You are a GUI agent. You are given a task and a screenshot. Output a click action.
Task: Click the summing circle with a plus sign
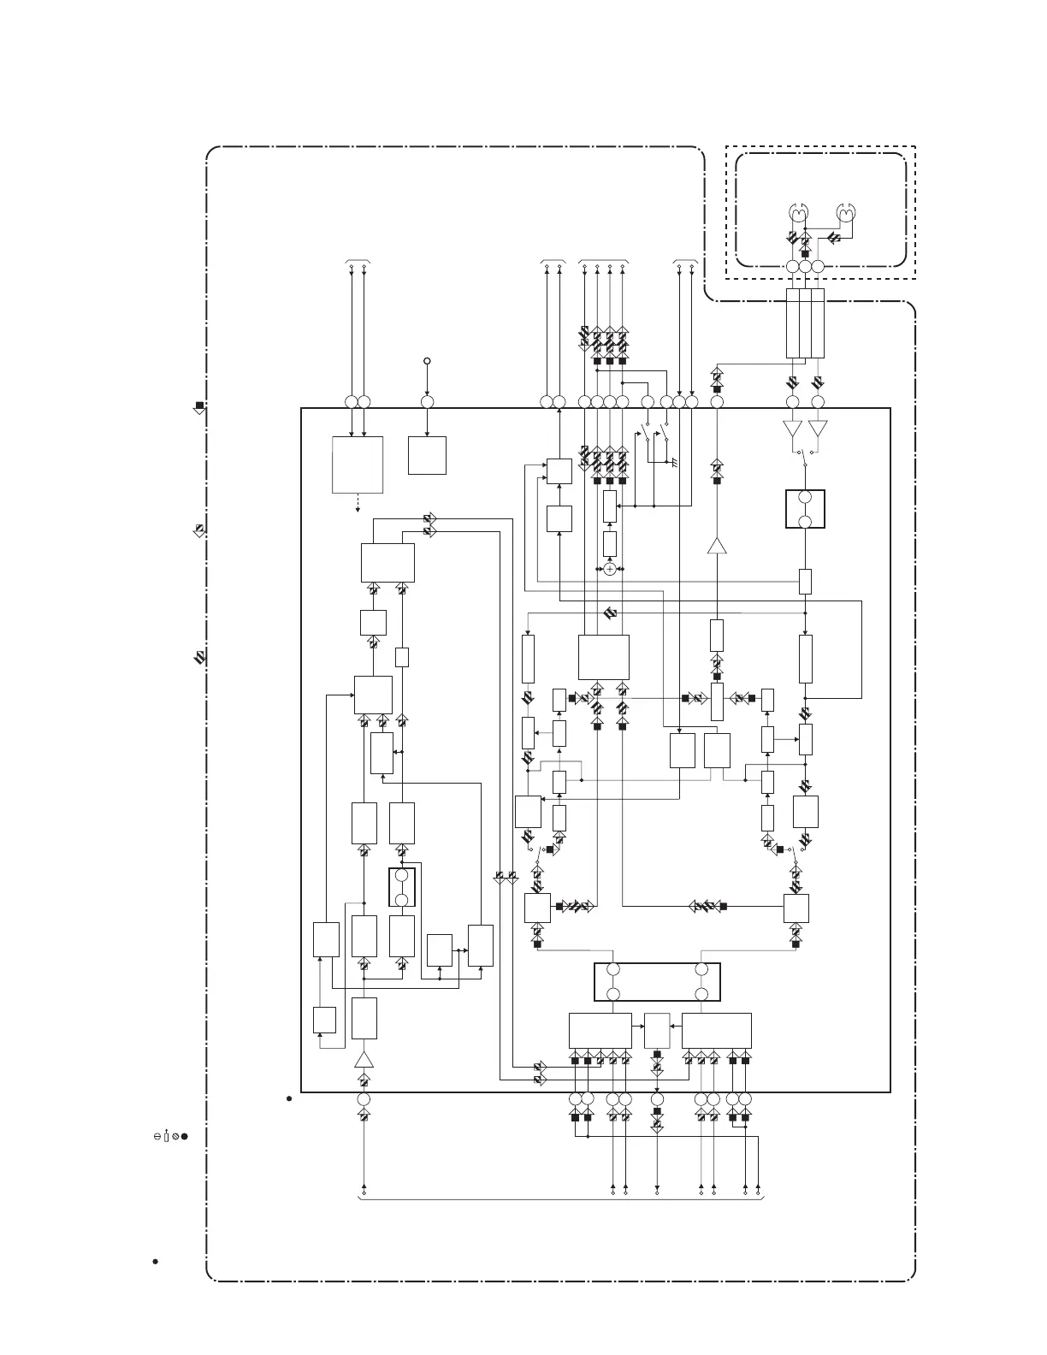click(609, 569)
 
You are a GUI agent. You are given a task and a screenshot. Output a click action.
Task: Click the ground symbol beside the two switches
click(674, 462)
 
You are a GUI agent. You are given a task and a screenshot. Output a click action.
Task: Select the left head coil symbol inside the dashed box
click(797, 213)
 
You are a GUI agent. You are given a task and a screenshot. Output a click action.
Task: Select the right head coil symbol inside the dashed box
click(847, 213)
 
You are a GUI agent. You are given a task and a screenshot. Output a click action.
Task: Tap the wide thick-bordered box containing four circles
click(657, 981)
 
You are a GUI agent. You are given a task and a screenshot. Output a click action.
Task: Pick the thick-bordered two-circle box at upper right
click(805, 509)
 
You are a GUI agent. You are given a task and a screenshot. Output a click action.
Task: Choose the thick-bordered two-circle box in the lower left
click(402, 887)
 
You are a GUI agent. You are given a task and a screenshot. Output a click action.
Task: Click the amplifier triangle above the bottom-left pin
click(364, 1060)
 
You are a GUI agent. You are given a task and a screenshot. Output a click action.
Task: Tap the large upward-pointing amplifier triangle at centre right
click(717, 545)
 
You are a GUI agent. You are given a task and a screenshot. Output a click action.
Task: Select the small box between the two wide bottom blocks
click(657, 1030)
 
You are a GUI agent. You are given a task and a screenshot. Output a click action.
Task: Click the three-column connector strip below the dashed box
click(805, 323)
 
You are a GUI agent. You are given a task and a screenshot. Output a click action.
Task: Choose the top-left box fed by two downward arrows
click(358, 464)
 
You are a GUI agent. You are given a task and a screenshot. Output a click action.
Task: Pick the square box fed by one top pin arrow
click(427, 455)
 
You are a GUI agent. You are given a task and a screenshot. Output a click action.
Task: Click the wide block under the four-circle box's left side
click(600, 1030)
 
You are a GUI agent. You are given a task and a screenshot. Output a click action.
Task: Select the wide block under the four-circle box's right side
click(717, 1030)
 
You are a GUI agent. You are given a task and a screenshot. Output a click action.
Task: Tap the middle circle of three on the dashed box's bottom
click(805, 268)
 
